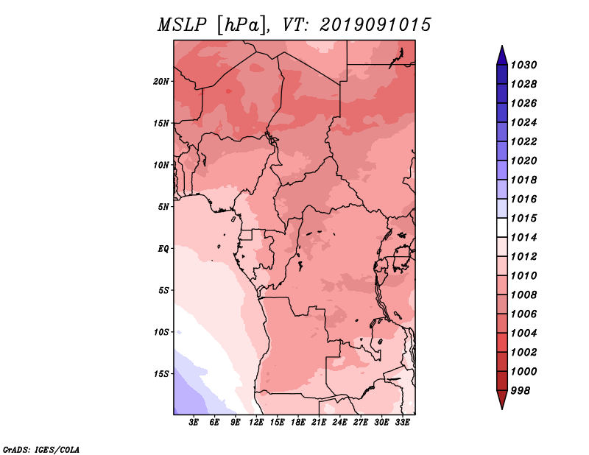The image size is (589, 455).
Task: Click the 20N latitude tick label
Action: coord(161,82)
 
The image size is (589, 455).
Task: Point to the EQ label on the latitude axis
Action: coord(163,249)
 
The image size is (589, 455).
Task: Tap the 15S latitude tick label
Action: coord(161,374)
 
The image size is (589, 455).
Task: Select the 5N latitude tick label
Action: coord(163,207)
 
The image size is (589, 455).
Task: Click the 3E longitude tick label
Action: coord(194,423)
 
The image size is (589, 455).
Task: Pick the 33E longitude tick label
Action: coord(402,423)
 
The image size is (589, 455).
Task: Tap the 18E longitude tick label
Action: coord(298,423)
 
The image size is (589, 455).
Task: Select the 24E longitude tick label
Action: coord(339,423)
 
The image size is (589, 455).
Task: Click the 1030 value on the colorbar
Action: coord(523,65)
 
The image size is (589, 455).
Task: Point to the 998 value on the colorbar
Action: coord(521,391)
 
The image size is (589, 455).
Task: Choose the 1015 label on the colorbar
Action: coord(523,218)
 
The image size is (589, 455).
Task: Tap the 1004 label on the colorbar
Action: coord(523,334)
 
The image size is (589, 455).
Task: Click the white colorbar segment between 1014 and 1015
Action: coord(502,227)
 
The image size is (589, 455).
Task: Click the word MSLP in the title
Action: coord(182,25)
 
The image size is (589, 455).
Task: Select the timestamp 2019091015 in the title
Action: coord(375,25)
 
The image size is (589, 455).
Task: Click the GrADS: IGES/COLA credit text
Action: coord(41,450)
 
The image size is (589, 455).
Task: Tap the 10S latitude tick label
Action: coord(161,332)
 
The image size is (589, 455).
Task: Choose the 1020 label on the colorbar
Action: coord(523,161)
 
